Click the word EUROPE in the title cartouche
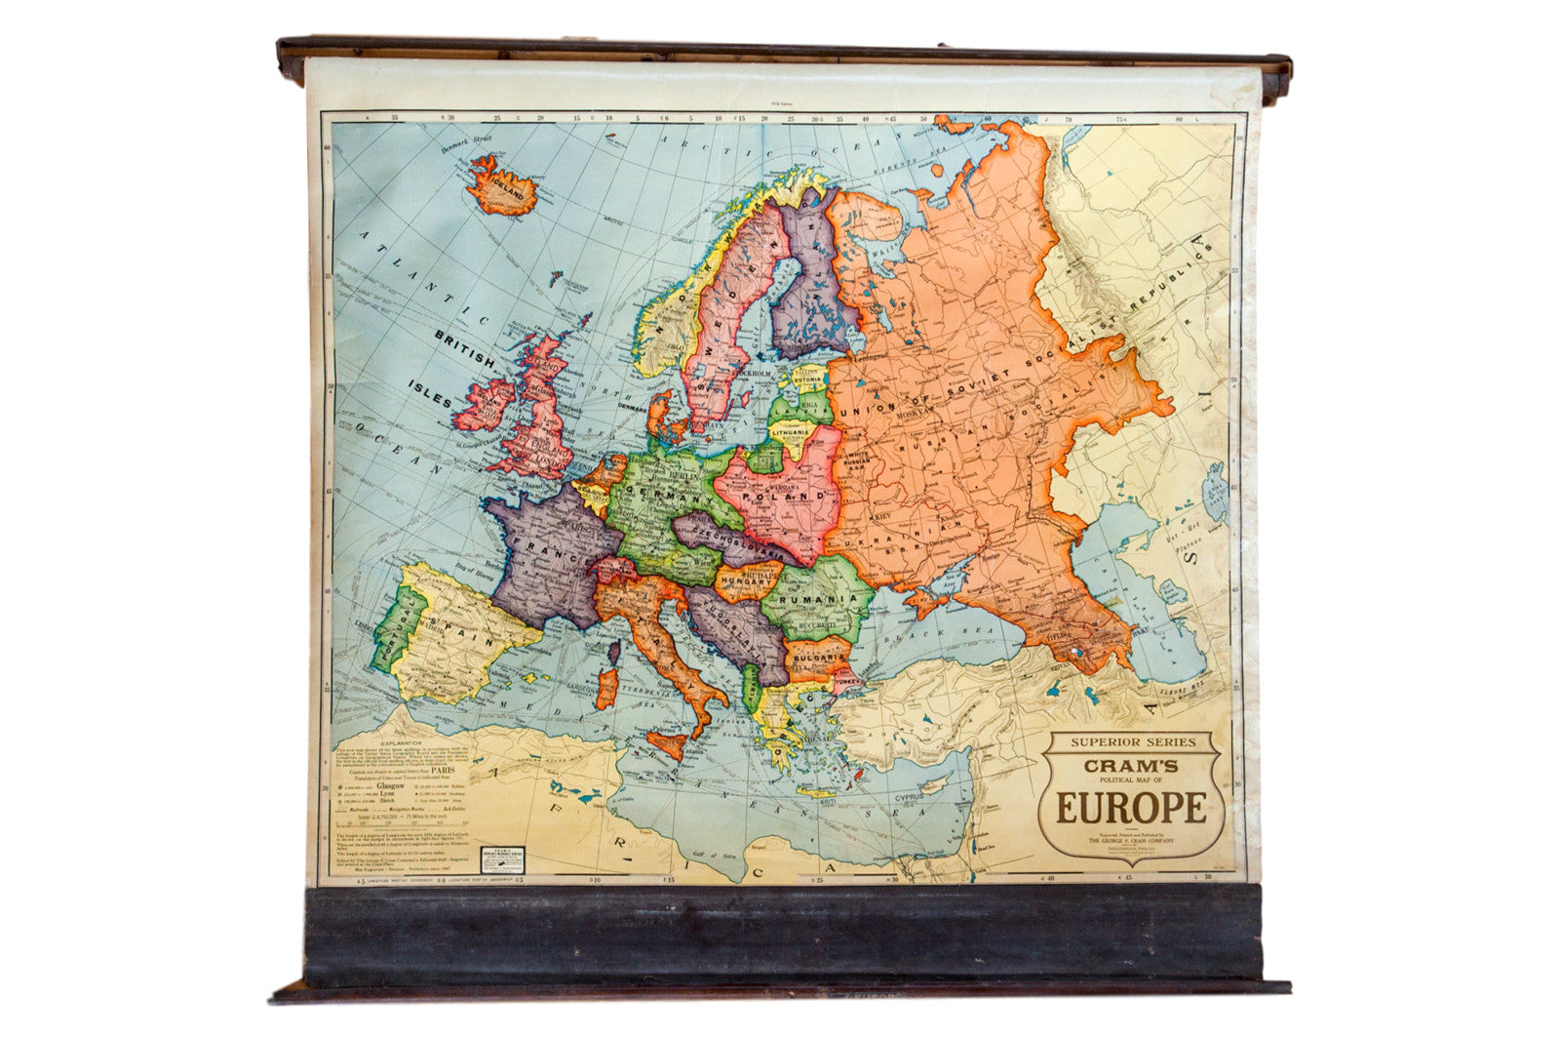(1131, 809)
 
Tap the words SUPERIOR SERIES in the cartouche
(1131, 741)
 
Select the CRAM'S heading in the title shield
(1131, 766)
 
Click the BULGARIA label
(818, 659)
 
